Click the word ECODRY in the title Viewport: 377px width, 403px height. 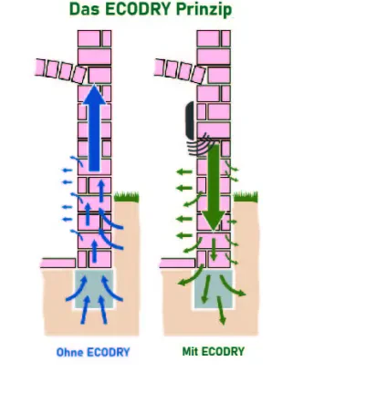click(x=138, y=9)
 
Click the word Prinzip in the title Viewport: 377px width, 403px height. click(x=204, y=10)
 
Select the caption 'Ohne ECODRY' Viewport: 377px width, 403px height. click(x=93, y=352)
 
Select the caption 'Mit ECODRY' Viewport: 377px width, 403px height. click(x=214, y=352)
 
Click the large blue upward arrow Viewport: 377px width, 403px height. click(x=94, y=129)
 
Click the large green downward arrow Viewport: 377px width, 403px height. click(x=214, y=187)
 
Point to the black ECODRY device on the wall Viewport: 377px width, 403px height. click(x=190, y=120)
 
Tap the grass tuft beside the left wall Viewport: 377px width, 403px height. click(x=127, y=197)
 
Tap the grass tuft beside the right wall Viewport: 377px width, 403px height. click(x=246, y=197)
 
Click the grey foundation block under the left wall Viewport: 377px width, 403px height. click(x=94, y=288)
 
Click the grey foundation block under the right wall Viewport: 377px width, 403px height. click(x=214, y=288)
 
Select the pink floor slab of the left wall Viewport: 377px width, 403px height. click(x=58, y=263)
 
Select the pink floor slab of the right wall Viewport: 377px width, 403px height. click(x=177, y=263)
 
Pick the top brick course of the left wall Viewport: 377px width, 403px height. click(x=94, y=38)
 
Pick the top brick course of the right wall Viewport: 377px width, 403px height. click(x=214, y=38)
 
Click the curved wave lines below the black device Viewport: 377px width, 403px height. click(x=202, y=145)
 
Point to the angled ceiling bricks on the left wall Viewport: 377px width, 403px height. click(x=61, y=71)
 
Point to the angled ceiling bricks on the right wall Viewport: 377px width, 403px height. click(x=180, y=71)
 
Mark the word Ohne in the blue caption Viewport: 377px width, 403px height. click(x=69, y=352)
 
